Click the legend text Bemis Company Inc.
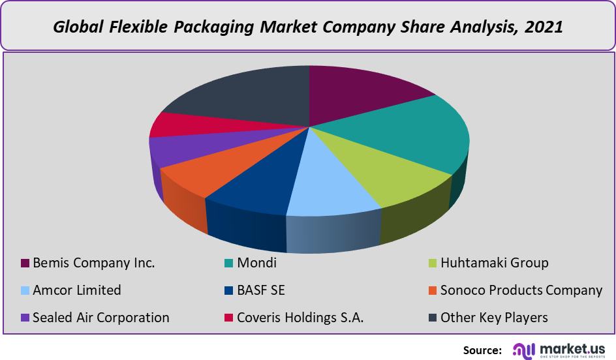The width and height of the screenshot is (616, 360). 93,263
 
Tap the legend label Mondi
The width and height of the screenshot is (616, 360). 257,263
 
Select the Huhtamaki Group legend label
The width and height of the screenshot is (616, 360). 494,263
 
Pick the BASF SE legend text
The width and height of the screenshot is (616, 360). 261,290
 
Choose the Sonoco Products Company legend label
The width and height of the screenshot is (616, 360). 521,290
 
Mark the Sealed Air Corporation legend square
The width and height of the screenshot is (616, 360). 25,318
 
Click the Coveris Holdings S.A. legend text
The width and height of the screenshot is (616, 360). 300,318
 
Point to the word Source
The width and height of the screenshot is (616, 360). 482,350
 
